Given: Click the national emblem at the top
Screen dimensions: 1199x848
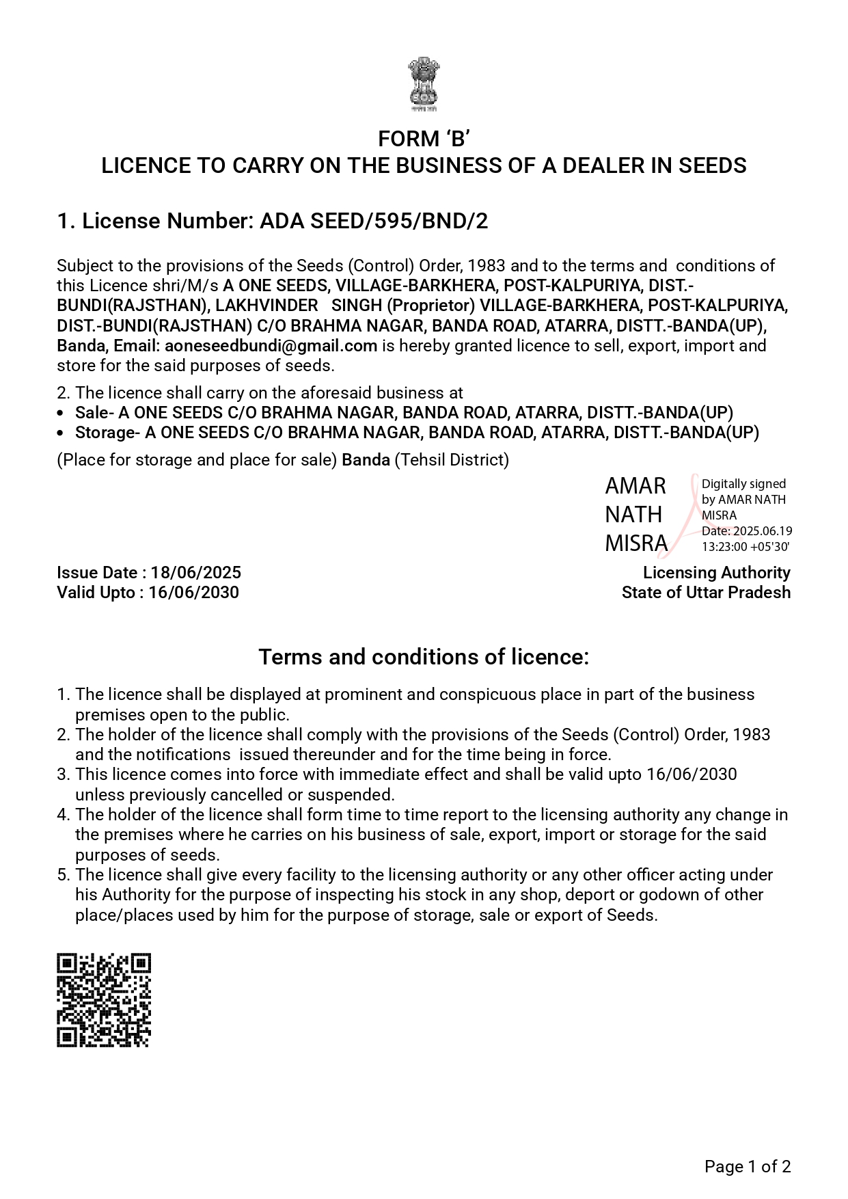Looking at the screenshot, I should [424, 84].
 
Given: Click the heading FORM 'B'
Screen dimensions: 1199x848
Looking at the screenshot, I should [424, 139].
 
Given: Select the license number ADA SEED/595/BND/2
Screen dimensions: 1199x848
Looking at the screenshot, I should [374, 221].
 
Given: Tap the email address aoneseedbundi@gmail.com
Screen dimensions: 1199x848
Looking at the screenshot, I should [271, 346].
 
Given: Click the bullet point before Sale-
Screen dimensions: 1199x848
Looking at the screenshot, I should [61, 414].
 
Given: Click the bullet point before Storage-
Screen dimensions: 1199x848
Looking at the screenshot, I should [61, 433].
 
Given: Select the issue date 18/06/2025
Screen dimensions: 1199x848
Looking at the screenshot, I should [196, 573].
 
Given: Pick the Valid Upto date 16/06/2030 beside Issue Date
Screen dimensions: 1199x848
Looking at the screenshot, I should [193, 593].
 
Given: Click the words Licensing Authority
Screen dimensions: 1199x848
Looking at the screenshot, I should [716, 573].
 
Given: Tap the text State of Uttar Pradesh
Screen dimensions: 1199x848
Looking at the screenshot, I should [706, 593].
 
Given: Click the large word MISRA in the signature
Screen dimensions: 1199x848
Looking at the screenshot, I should [635, 543].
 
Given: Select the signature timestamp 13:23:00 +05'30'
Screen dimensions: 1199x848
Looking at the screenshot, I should [746, 547].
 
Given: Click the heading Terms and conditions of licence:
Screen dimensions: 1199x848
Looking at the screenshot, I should [424, 657].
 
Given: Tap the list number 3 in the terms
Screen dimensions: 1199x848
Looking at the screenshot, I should [64, 774].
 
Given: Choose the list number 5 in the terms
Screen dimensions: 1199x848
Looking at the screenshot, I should [64, 875].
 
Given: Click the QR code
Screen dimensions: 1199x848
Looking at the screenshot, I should [103, 1000].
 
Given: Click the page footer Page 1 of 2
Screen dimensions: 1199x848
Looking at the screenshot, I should [748, 1167].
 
